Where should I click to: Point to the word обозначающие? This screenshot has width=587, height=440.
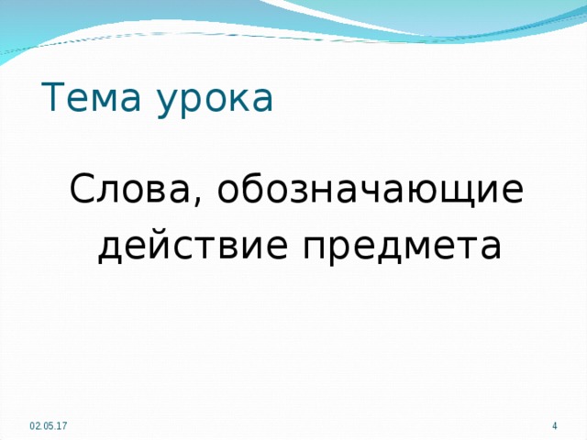point(371,191)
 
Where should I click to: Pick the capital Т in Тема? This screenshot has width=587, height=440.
point(53,97)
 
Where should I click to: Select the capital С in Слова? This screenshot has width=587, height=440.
point(81,189)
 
